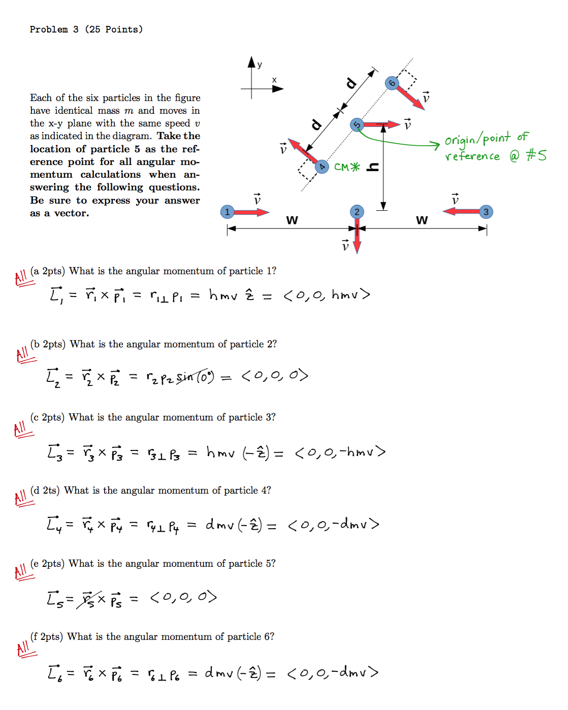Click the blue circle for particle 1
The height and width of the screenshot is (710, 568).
pos(227,212)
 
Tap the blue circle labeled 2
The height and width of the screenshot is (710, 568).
pos(357,212)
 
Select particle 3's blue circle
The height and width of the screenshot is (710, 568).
pos(486,212)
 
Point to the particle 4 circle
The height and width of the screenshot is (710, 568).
pos(322,167)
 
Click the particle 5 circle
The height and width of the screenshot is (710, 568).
pos(357,124)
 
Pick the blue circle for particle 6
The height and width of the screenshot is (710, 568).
pos(392,83)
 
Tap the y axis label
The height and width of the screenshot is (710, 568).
pos(260,64)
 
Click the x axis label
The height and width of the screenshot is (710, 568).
pos(274,80)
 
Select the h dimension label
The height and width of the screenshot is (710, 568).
pos(373,167)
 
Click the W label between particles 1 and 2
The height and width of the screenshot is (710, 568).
pos(292,220)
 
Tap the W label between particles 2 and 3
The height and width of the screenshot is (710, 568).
pos(422,220)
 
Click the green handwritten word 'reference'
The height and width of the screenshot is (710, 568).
pos(472,156)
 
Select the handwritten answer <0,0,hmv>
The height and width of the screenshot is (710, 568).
pos(327,295)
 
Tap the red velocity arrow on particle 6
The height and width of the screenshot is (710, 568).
pos(411,97)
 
